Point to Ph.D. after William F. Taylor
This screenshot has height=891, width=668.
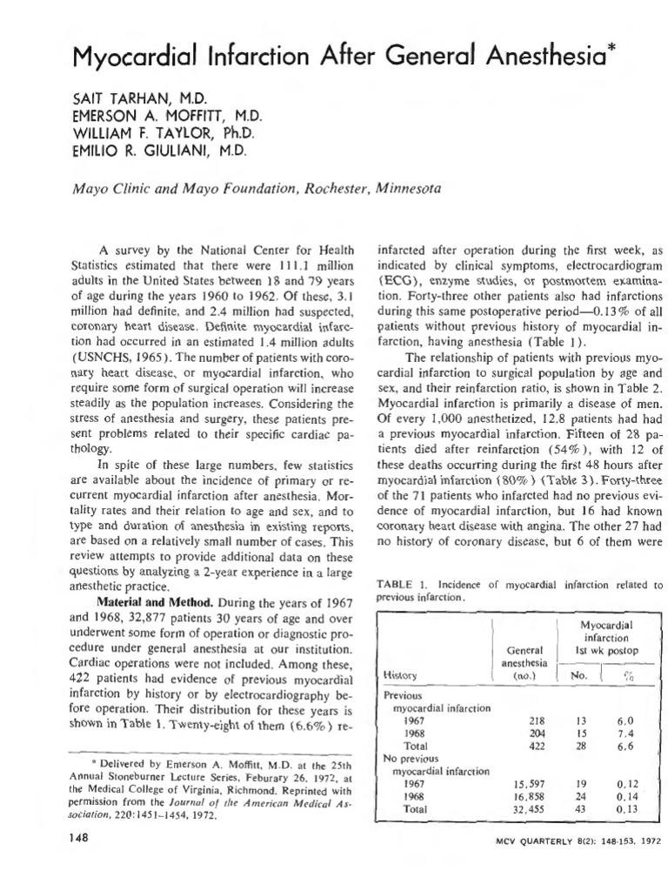click(x=226, y=133)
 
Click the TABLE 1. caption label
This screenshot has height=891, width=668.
click(x=403, y=584)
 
